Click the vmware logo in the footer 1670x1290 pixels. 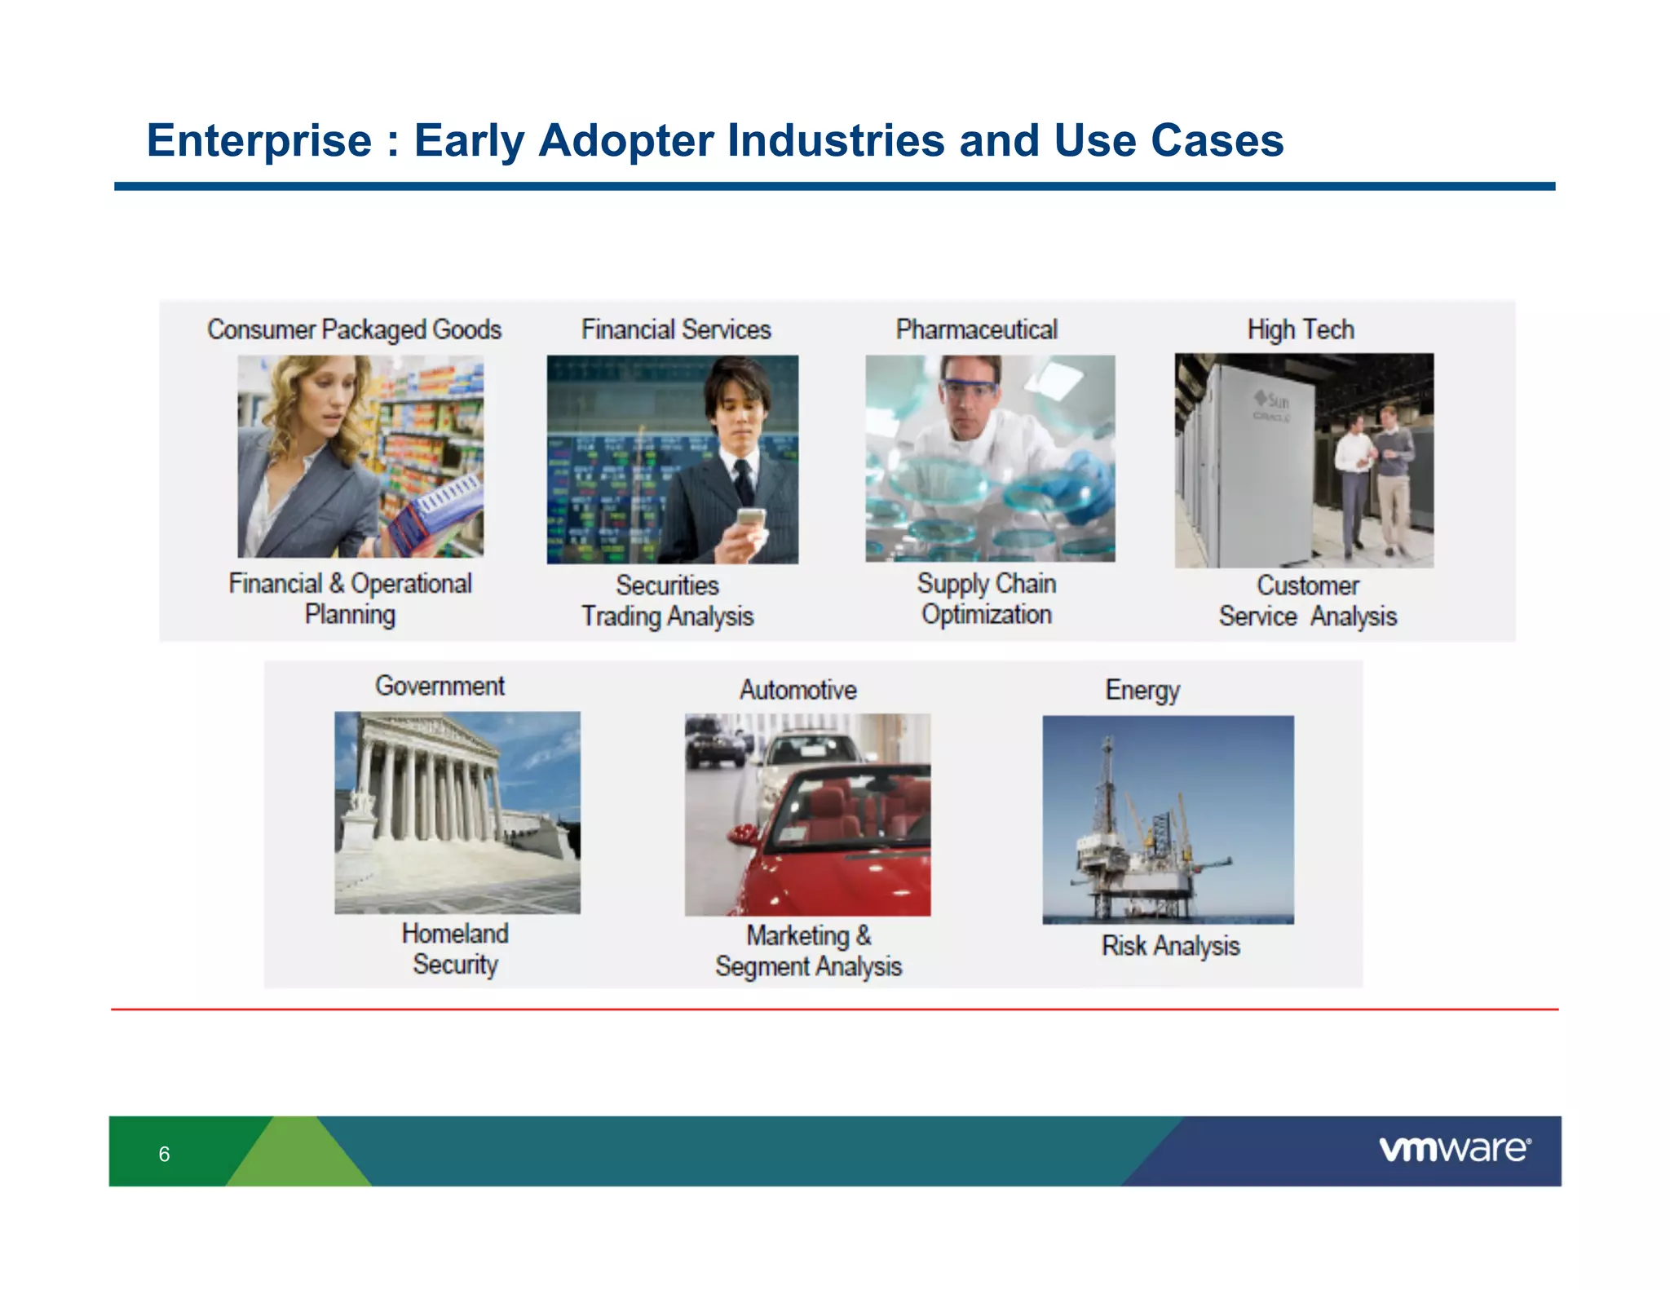pyautogui.click(x=1454, y=1149)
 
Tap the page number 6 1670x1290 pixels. pyautogui.click(x=164, y=1154)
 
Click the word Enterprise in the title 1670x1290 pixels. pyautogui.click(x=258, y=140)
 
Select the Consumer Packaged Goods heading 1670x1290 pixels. pyautogui.click(x=354, y=329)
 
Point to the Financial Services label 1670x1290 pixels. pyautogui.click(x=675, y=329)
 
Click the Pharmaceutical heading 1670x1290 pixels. pyautogui.click(x=976, y=329)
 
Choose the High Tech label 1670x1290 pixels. pyautogui.click(x=1301, y=329)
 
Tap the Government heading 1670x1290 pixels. pyautogui.click(x=440, y=686)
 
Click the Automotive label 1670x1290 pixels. pyautogui.click(x=797, y=690)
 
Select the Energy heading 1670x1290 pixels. pyautogui.click(x=1142, y=690)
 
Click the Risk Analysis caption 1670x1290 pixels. pyautogui.click(x=1170, y=946)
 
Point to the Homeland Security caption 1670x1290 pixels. pyautogui.click(x=455, y=948)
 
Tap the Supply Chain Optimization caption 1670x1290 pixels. pyautogui.click(x=986, y=599)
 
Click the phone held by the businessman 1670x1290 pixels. pyautogui.click(x=750, y=519)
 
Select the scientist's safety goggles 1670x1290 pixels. pyautogui.click(x=969, y=389)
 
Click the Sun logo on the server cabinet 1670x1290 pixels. pyautogui.click(x=1272, y=400)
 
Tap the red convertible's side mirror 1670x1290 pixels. pyautogui.click(x=743, y=834)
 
